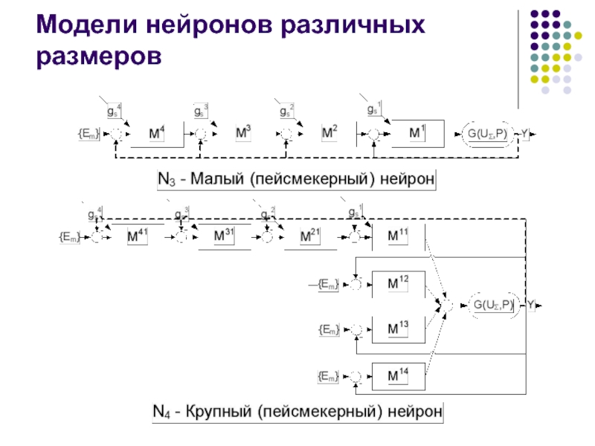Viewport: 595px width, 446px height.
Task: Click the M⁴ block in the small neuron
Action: click(157, 134)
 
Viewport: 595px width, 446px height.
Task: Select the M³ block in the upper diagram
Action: click(243, 133)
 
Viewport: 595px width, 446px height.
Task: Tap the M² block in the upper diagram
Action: click(329, 133)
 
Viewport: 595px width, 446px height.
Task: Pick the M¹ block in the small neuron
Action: click(418, 132)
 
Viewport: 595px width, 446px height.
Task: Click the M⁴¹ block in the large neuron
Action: click(138, 236)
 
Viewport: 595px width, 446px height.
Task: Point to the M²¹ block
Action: click(310, 236)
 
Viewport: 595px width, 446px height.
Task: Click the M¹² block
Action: click(399, 283)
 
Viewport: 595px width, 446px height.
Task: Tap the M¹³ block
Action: click(399, 328)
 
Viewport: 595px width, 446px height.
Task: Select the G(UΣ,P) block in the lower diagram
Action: click(493, 304)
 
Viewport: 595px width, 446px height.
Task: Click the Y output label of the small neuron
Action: click(525, 134)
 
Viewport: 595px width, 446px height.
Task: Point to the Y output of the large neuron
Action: click(533, 304)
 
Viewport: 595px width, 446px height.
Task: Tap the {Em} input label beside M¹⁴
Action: click(328, 378)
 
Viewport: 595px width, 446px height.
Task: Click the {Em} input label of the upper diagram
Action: click(88, 134)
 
